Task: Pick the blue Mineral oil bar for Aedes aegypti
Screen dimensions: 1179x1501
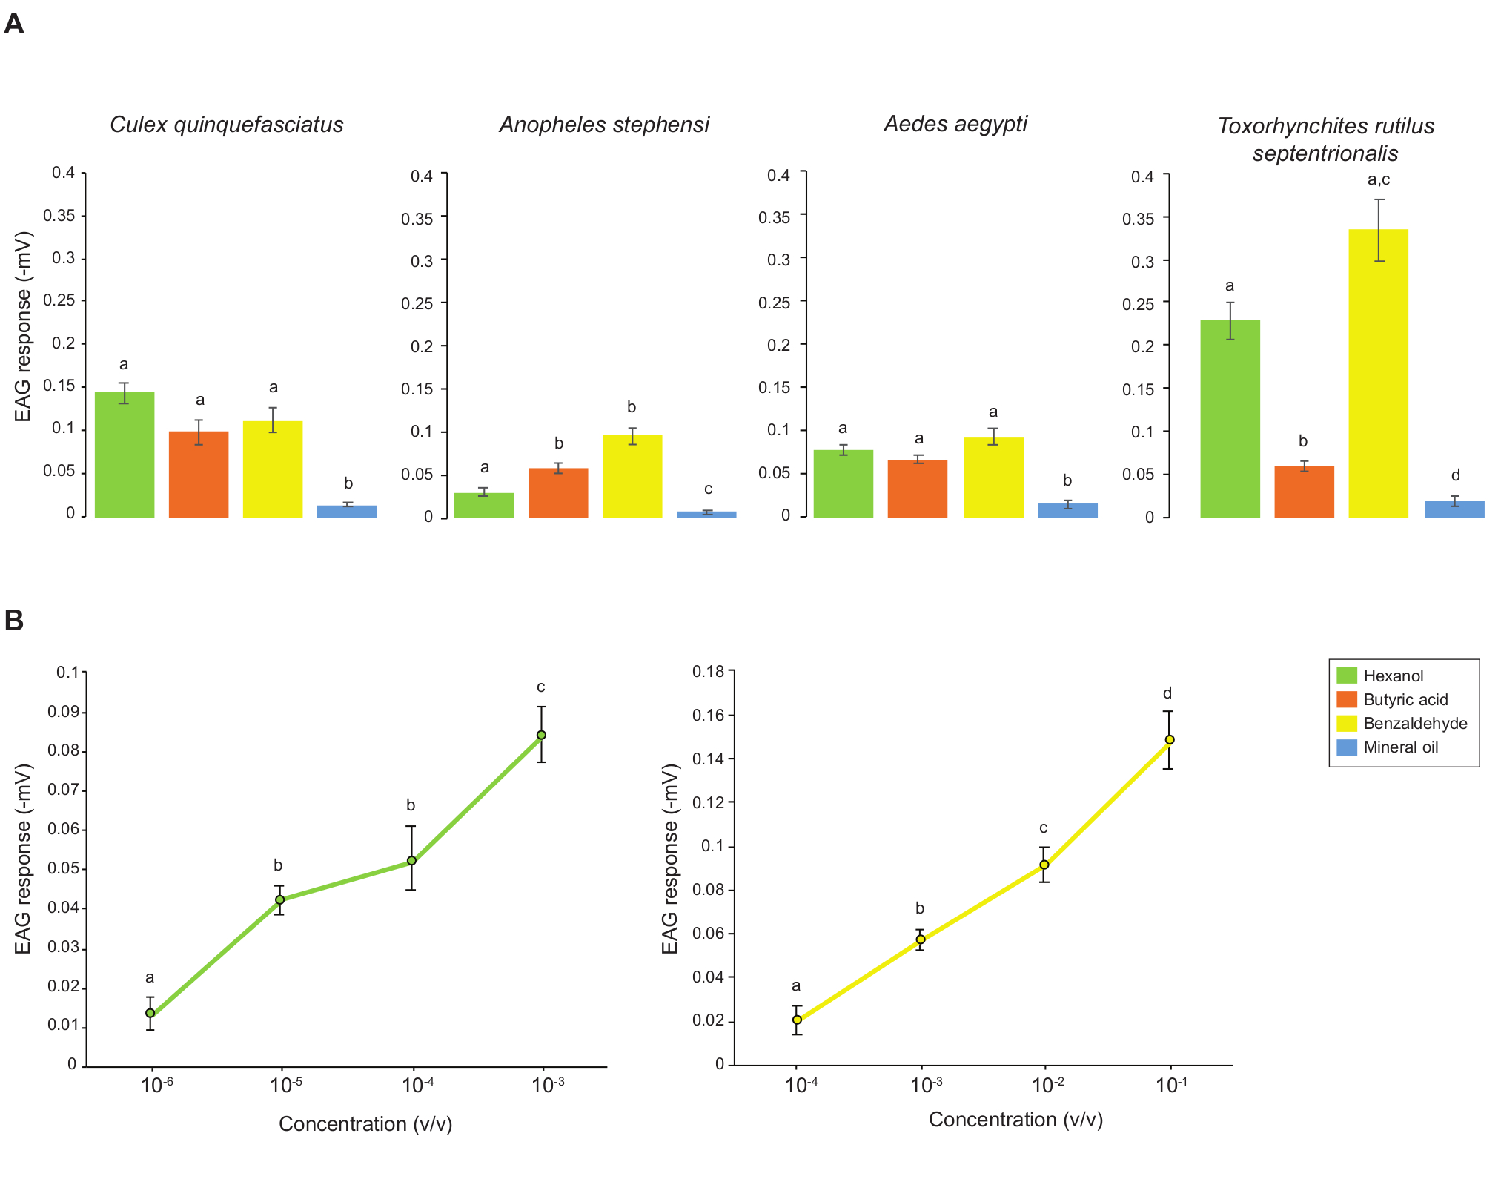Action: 1067,510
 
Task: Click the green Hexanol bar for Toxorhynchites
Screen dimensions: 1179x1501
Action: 1230,418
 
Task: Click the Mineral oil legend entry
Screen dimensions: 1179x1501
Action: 1400,747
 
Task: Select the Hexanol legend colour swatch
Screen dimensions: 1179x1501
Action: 1346,676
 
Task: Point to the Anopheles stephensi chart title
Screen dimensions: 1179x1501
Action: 604,125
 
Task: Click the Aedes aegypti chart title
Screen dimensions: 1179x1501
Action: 955,124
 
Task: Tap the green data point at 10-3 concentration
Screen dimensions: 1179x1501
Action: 542,735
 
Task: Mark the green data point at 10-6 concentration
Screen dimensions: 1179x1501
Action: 150,1013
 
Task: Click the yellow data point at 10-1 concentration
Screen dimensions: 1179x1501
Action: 1170,739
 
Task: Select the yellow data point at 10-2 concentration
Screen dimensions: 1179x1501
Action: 1044,865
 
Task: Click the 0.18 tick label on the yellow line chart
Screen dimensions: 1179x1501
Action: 708,672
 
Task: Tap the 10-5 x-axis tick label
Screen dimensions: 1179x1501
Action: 285,1086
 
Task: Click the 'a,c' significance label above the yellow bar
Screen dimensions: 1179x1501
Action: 1379,179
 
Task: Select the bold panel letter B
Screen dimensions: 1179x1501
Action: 14,620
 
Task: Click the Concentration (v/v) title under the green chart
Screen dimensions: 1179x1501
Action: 365,1124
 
